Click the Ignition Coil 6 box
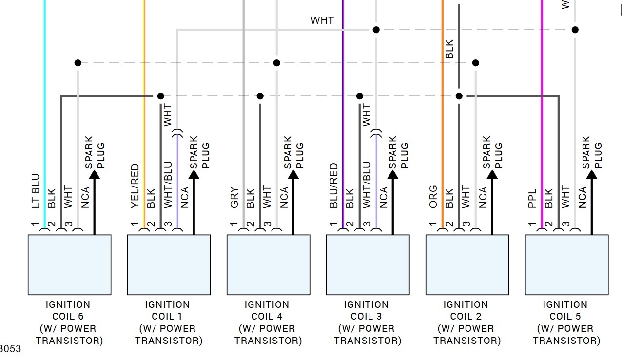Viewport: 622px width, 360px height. [69, 265]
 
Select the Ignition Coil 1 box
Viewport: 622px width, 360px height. [169, 265]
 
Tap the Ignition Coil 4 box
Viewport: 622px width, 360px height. [268, 265]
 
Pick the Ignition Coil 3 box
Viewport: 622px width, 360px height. [368, 265]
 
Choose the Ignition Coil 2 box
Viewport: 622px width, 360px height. [467, 265]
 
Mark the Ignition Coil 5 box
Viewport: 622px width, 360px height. [566, 265]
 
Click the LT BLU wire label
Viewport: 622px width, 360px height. [35, 190]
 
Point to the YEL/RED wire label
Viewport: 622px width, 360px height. [135, 186]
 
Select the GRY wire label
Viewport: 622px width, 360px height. [234, 197]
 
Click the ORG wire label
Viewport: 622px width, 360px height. [433, 196]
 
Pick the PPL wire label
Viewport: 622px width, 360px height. [533, 198]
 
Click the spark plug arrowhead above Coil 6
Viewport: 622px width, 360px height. [94, 173]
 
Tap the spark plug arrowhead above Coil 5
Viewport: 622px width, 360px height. [591, 173]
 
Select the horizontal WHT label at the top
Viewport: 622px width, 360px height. [322, 20]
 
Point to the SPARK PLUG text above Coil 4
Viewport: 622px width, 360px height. [294, 152]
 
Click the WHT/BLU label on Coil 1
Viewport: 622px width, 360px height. [168, 185]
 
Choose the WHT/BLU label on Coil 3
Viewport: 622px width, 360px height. [367, 185]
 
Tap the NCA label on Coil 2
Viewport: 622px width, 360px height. [483, 197]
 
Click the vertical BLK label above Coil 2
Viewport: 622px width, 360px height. [449, 49]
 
